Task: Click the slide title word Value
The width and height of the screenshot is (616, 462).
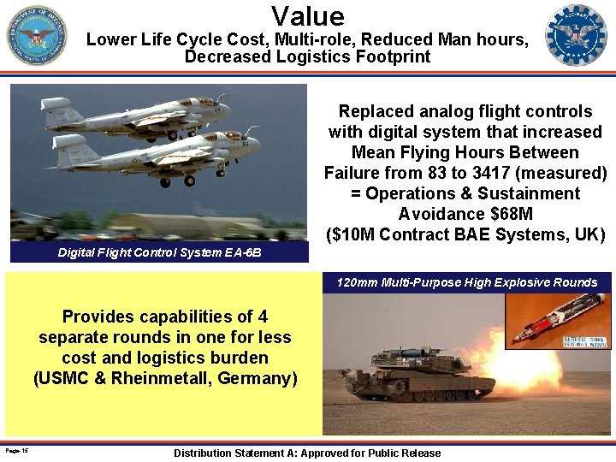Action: pyautogui.click(x=308, y=15)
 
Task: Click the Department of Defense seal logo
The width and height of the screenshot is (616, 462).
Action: pyautogui.click(x=37, y=35)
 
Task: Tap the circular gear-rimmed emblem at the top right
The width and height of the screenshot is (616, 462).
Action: pyautogui.click(x=576, y=35)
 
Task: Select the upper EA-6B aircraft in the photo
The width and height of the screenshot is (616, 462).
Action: pyautogui.click(x=137, y=115)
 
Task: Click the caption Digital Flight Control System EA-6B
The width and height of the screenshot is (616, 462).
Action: pyautogui.click(x=159, y=253)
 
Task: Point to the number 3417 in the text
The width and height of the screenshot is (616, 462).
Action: pyautogui.click(x=523, y=173)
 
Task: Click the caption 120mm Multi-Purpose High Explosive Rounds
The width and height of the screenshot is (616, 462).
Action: pyautogui.click(x=467, y=282)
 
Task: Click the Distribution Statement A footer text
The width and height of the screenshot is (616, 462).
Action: pyautogui.click(x=307, y=453)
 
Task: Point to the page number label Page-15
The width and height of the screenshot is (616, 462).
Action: pyautogui.click(x=16, y=450)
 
